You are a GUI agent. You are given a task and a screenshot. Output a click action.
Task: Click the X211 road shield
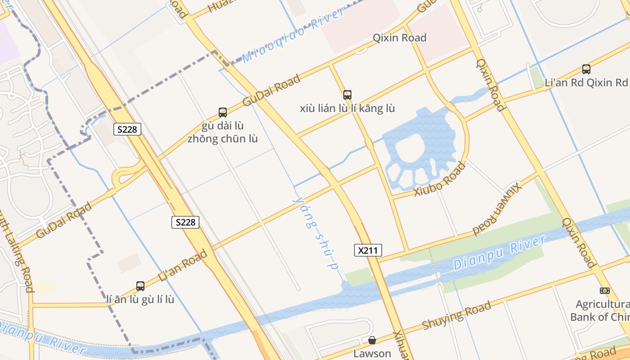368,250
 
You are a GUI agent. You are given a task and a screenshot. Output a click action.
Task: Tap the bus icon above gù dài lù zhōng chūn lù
222,112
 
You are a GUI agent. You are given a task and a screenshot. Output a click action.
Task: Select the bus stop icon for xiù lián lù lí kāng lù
347,95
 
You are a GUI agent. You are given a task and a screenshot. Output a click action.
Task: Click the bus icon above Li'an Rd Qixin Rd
586,69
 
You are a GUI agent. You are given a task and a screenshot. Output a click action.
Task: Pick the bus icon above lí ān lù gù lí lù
140,286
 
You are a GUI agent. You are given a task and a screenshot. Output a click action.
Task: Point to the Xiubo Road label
440,180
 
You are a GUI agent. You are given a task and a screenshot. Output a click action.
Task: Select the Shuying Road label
456,315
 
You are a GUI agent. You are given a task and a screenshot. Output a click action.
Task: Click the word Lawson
372,353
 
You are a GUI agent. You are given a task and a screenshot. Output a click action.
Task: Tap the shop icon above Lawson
372,340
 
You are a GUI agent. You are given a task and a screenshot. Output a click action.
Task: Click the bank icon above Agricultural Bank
604,291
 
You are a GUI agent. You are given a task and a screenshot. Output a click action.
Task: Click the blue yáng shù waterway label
315,232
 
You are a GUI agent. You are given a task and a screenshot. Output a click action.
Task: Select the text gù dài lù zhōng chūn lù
222,132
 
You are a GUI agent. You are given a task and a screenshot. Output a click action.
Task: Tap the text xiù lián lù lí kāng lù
347,108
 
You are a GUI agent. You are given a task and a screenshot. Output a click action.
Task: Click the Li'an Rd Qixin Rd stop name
586,83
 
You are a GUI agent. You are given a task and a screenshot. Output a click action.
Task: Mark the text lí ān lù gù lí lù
140,299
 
